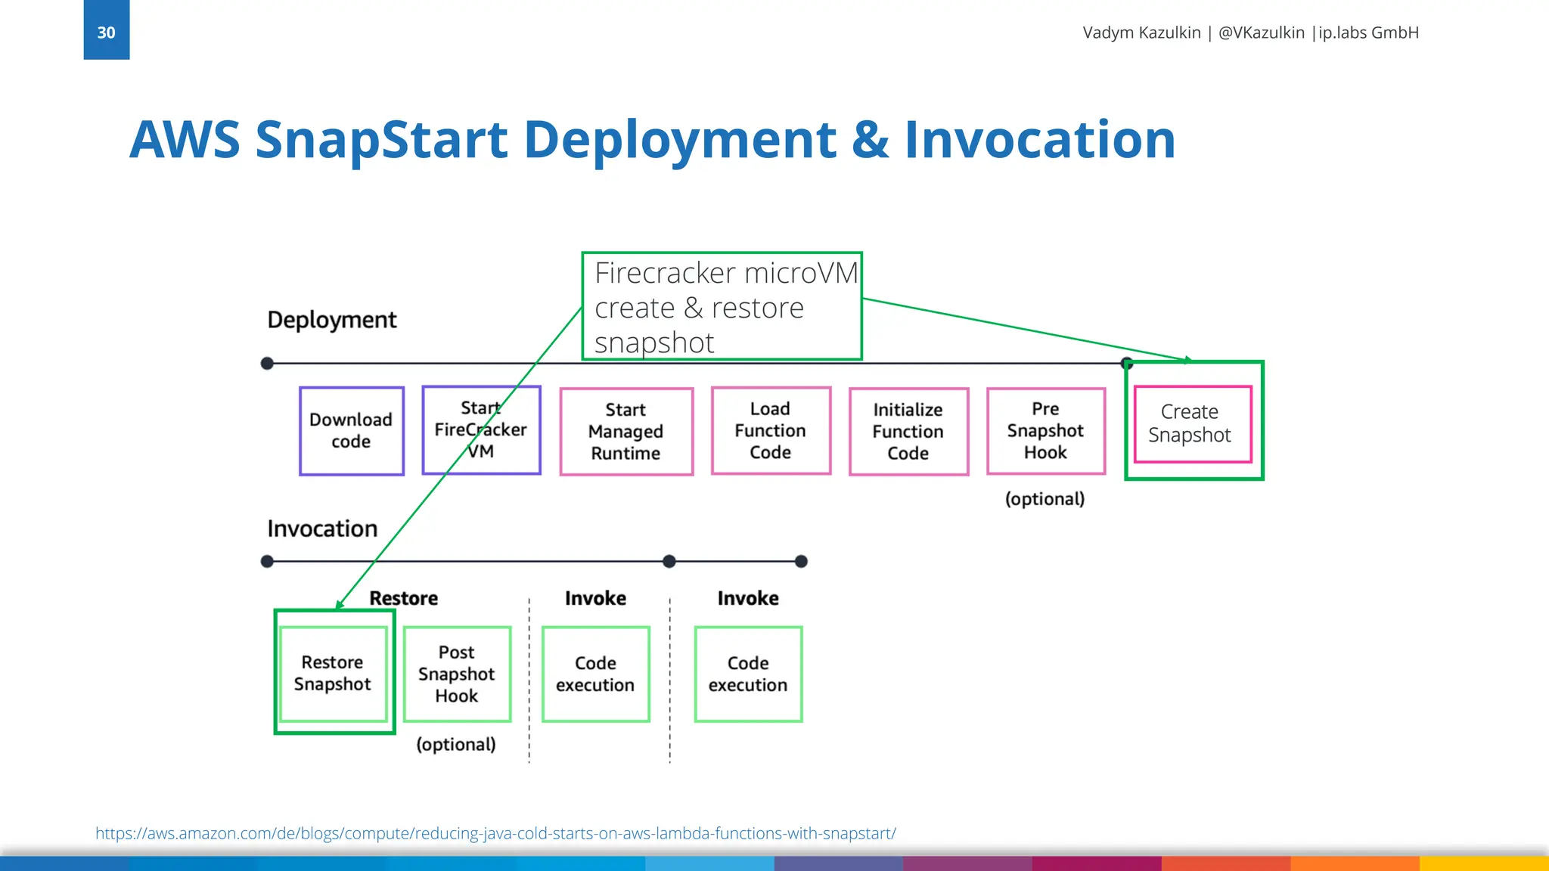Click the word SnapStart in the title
(381, 140)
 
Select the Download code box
(351, 431)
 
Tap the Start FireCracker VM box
(481, 430)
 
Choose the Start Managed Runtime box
(625, 432)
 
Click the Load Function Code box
(770, 431)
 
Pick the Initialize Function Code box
(908, 432)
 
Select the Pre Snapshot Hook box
(1045, 431)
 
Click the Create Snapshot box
(1192, 424)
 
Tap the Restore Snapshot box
(333, 673)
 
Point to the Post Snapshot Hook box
(457, 674)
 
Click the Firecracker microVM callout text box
(722, 306)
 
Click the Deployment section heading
(331, 320)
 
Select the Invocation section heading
(322, 528)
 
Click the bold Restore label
(403, 598)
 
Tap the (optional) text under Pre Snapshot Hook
(1045, 499)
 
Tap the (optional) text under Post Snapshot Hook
(456, 745)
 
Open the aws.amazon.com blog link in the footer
(495, 833)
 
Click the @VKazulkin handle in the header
(1261, 33)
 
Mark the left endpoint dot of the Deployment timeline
(267, 364)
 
